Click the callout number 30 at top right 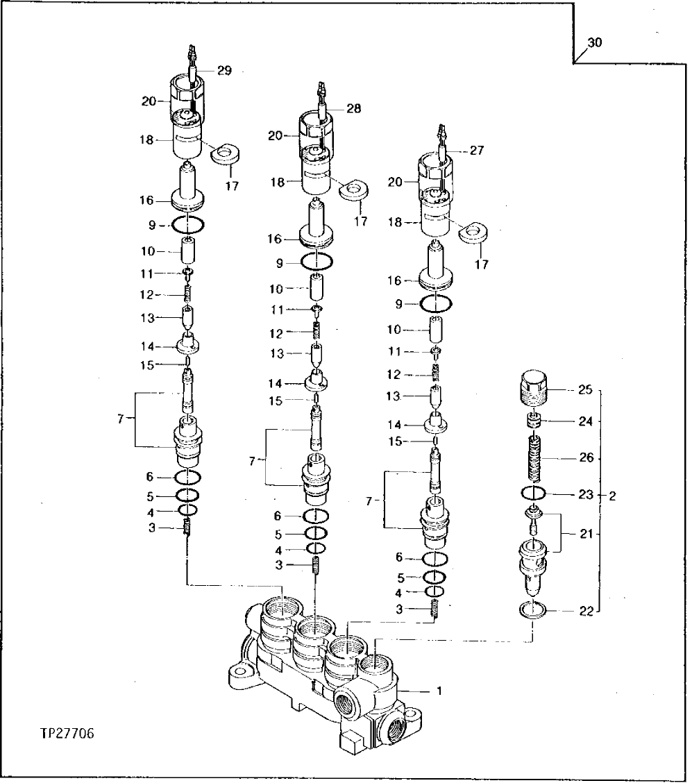[x=594, y=43]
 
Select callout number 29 [x=223, y=70]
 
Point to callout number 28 [x=354, y=108]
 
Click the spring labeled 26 [x=535, y=459]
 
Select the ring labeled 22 [x=533, y=611]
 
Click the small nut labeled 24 [x=533, y=421]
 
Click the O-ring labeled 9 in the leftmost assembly [x=188, y=225]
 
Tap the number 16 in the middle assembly [x=276, y=239]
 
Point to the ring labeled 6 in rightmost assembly [x=435, y=558]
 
